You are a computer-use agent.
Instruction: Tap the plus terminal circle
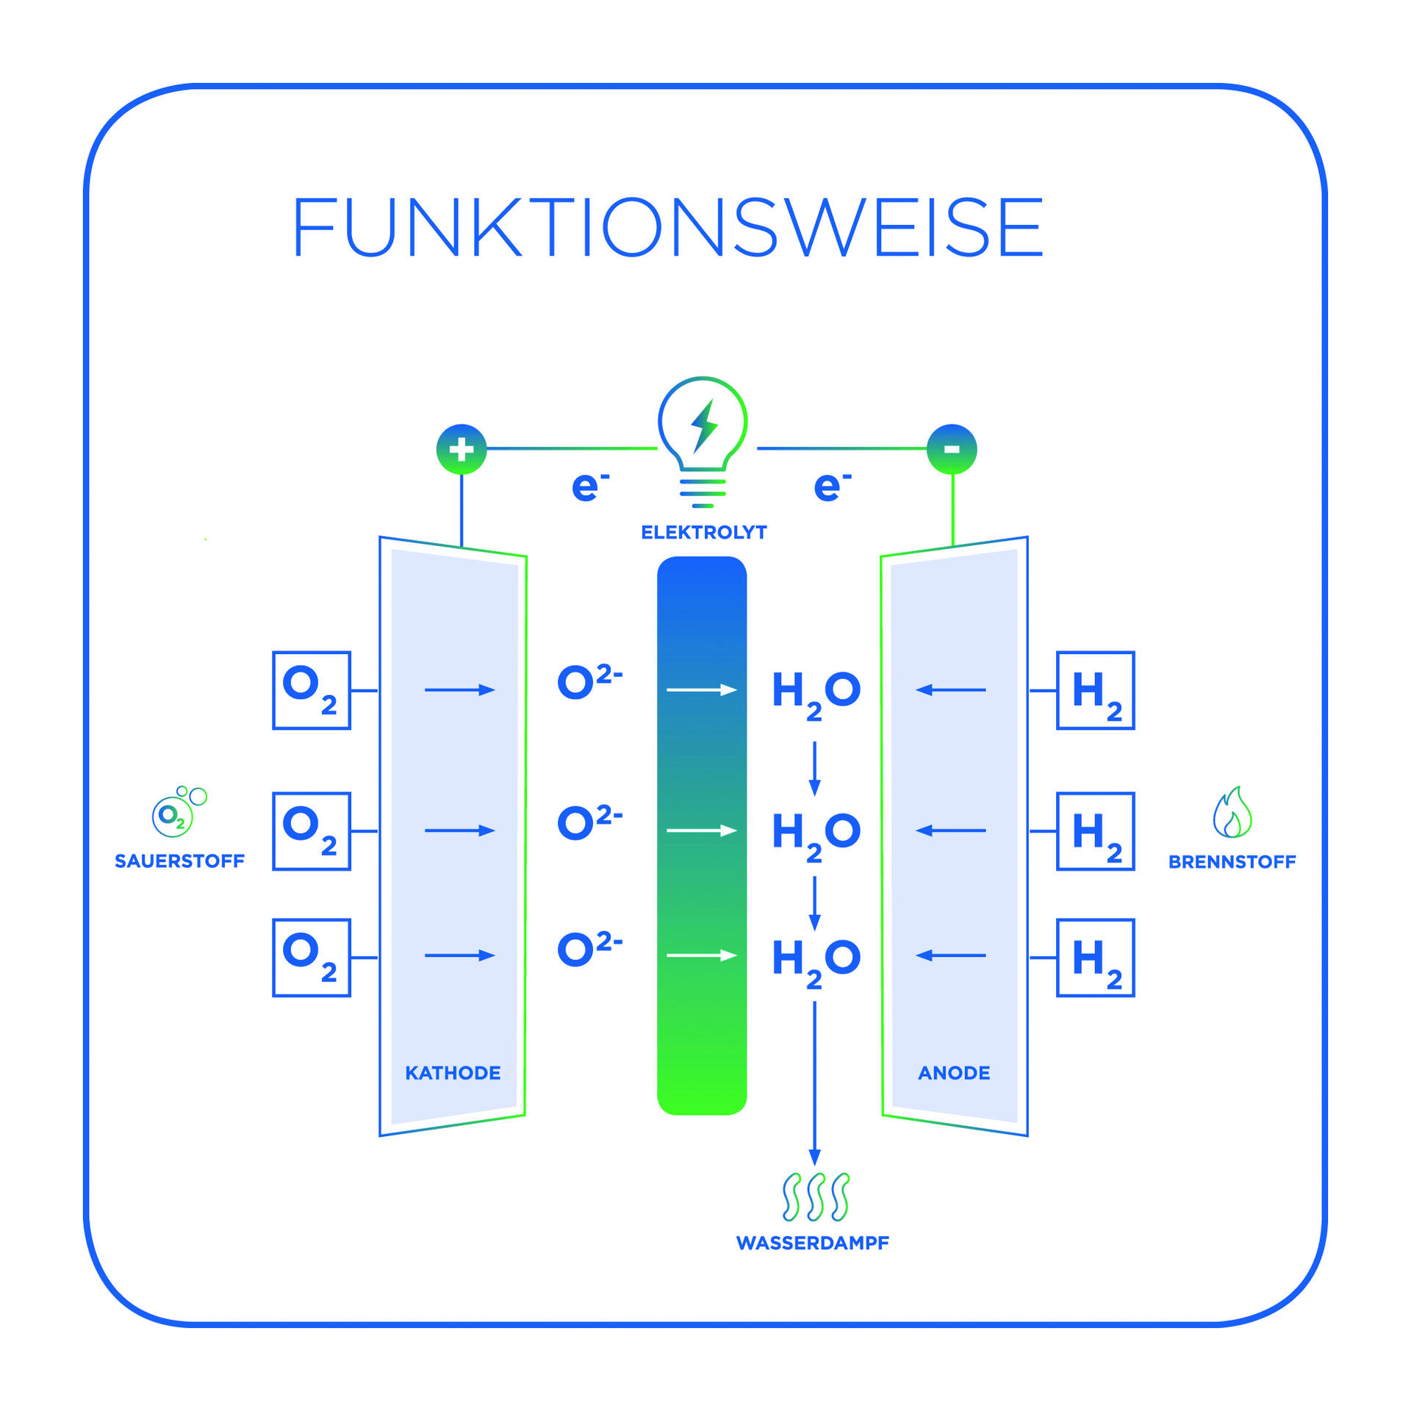462,449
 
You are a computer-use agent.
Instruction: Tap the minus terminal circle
952,449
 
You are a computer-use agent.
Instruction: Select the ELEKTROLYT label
703,532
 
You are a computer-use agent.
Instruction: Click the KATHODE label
453,1073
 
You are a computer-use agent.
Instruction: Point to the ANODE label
954,1073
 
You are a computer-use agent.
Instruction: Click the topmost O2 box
312,690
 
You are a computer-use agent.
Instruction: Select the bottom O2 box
312,958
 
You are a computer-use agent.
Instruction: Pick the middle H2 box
1095,831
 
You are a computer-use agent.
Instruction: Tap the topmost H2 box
1095,690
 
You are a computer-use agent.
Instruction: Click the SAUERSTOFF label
179,861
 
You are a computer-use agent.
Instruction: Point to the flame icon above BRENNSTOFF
1232,813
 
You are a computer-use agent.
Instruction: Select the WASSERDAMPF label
812,1243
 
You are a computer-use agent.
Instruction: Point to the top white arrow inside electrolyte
701,689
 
